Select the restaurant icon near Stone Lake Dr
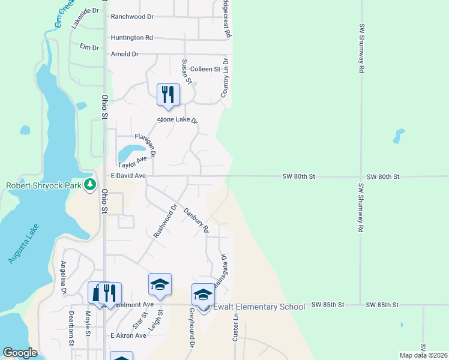(168, 95)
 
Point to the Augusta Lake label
(24, 244)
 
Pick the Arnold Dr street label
(125, 54)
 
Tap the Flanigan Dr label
(145, 145)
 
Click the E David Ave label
(128, 176)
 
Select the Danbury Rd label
(196, 220)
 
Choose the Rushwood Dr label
(166, 221)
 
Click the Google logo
(20, 353)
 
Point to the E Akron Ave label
(128, 335)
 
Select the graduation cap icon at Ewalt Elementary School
(203, 295)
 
